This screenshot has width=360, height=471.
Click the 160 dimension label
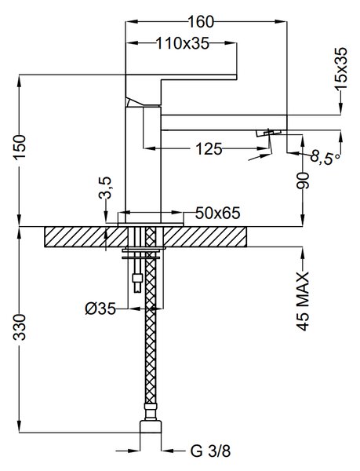click(x=201, y=22)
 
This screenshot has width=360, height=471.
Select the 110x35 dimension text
click(x=183, y=43)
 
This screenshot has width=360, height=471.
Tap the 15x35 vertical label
click(x=341, y=68)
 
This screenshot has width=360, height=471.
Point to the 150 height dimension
click(x=21, y=151)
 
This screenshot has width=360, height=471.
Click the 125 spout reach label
click(x=209, y=148)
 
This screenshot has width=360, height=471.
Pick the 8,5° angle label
click(x=325, y=156)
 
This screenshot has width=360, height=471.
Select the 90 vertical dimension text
click(x=303, y=181)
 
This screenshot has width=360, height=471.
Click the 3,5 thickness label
click(x=105, y=188)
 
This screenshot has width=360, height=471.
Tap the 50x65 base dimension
click(x=218, y=213)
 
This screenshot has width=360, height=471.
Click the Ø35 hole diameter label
click(x=100, y=309)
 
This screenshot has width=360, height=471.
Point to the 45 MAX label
click(x=304, y=301)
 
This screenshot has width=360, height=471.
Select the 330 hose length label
click(x=20, y=327)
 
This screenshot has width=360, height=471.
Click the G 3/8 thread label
click(x=210, y=451)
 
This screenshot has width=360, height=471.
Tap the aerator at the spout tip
click(x=268, y=133)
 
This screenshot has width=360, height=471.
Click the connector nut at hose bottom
click(x=151, y=427)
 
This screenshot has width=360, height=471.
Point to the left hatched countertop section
click(x=86, y=237)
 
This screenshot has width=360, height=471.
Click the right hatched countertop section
click(x=205, y=237)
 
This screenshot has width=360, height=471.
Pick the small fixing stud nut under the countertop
click(x=137, y=277)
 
